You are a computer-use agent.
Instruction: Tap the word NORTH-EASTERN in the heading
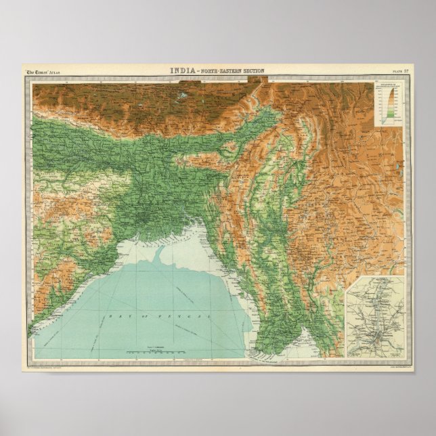click(217, 71)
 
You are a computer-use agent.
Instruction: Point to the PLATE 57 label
click(400, 71)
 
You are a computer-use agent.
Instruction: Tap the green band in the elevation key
click(391, 119)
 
